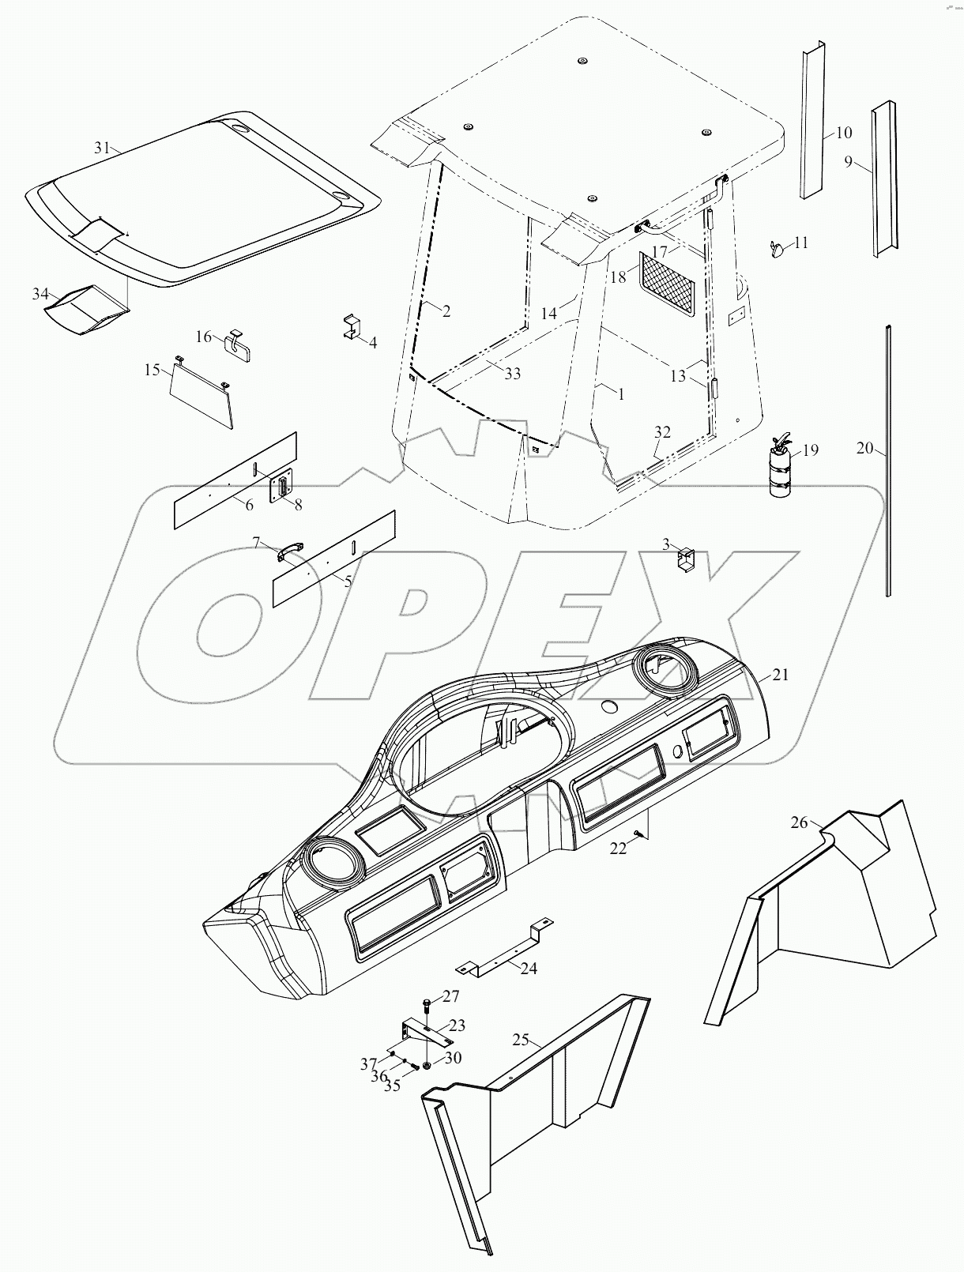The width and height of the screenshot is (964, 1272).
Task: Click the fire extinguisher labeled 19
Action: [x=781, y=470]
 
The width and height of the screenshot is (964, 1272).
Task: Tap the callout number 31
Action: [x=102, y=148]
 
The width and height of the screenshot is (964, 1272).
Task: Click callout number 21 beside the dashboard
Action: [x=781, y=676]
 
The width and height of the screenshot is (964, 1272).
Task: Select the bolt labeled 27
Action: [x=427, y=1006]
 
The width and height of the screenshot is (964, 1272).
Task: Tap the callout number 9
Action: [x=848, y=162]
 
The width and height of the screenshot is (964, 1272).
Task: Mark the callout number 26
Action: [x=800, y=822]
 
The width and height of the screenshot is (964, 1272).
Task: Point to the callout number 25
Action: [x=520, y=1039]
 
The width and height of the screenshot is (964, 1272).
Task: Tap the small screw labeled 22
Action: [x=635, y=835]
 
